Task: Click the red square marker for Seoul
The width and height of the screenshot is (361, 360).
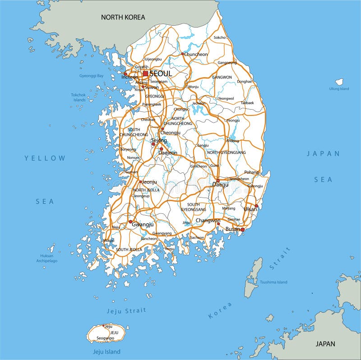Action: (145, 73)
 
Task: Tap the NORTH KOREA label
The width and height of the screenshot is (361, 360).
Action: (123, 17)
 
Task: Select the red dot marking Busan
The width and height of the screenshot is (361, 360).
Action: (242, 230)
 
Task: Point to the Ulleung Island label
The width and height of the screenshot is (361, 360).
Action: (339, 89)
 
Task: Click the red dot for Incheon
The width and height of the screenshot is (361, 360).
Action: (125, 74)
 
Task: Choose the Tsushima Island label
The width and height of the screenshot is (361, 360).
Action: (273, 282)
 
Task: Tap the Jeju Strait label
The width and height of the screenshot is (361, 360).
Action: (126, 310)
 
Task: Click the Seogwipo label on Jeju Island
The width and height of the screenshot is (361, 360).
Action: (105, 338)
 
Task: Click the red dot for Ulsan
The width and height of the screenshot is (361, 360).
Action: (256, 206)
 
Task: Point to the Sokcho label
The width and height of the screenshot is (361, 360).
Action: (219, 37)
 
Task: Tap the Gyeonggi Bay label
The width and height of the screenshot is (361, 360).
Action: (92, 76)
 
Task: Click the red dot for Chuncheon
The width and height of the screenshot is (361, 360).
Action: (183, 54)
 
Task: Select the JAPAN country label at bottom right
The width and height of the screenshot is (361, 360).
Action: (325, 344)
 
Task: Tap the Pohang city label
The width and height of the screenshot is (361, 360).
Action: (251, 172)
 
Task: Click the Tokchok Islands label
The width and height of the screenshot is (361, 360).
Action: (78, 97)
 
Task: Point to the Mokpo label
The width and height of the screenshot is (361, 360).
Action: (109, 240)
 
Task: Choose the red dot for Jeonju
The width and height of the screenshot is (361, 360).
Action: (141, 182)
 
